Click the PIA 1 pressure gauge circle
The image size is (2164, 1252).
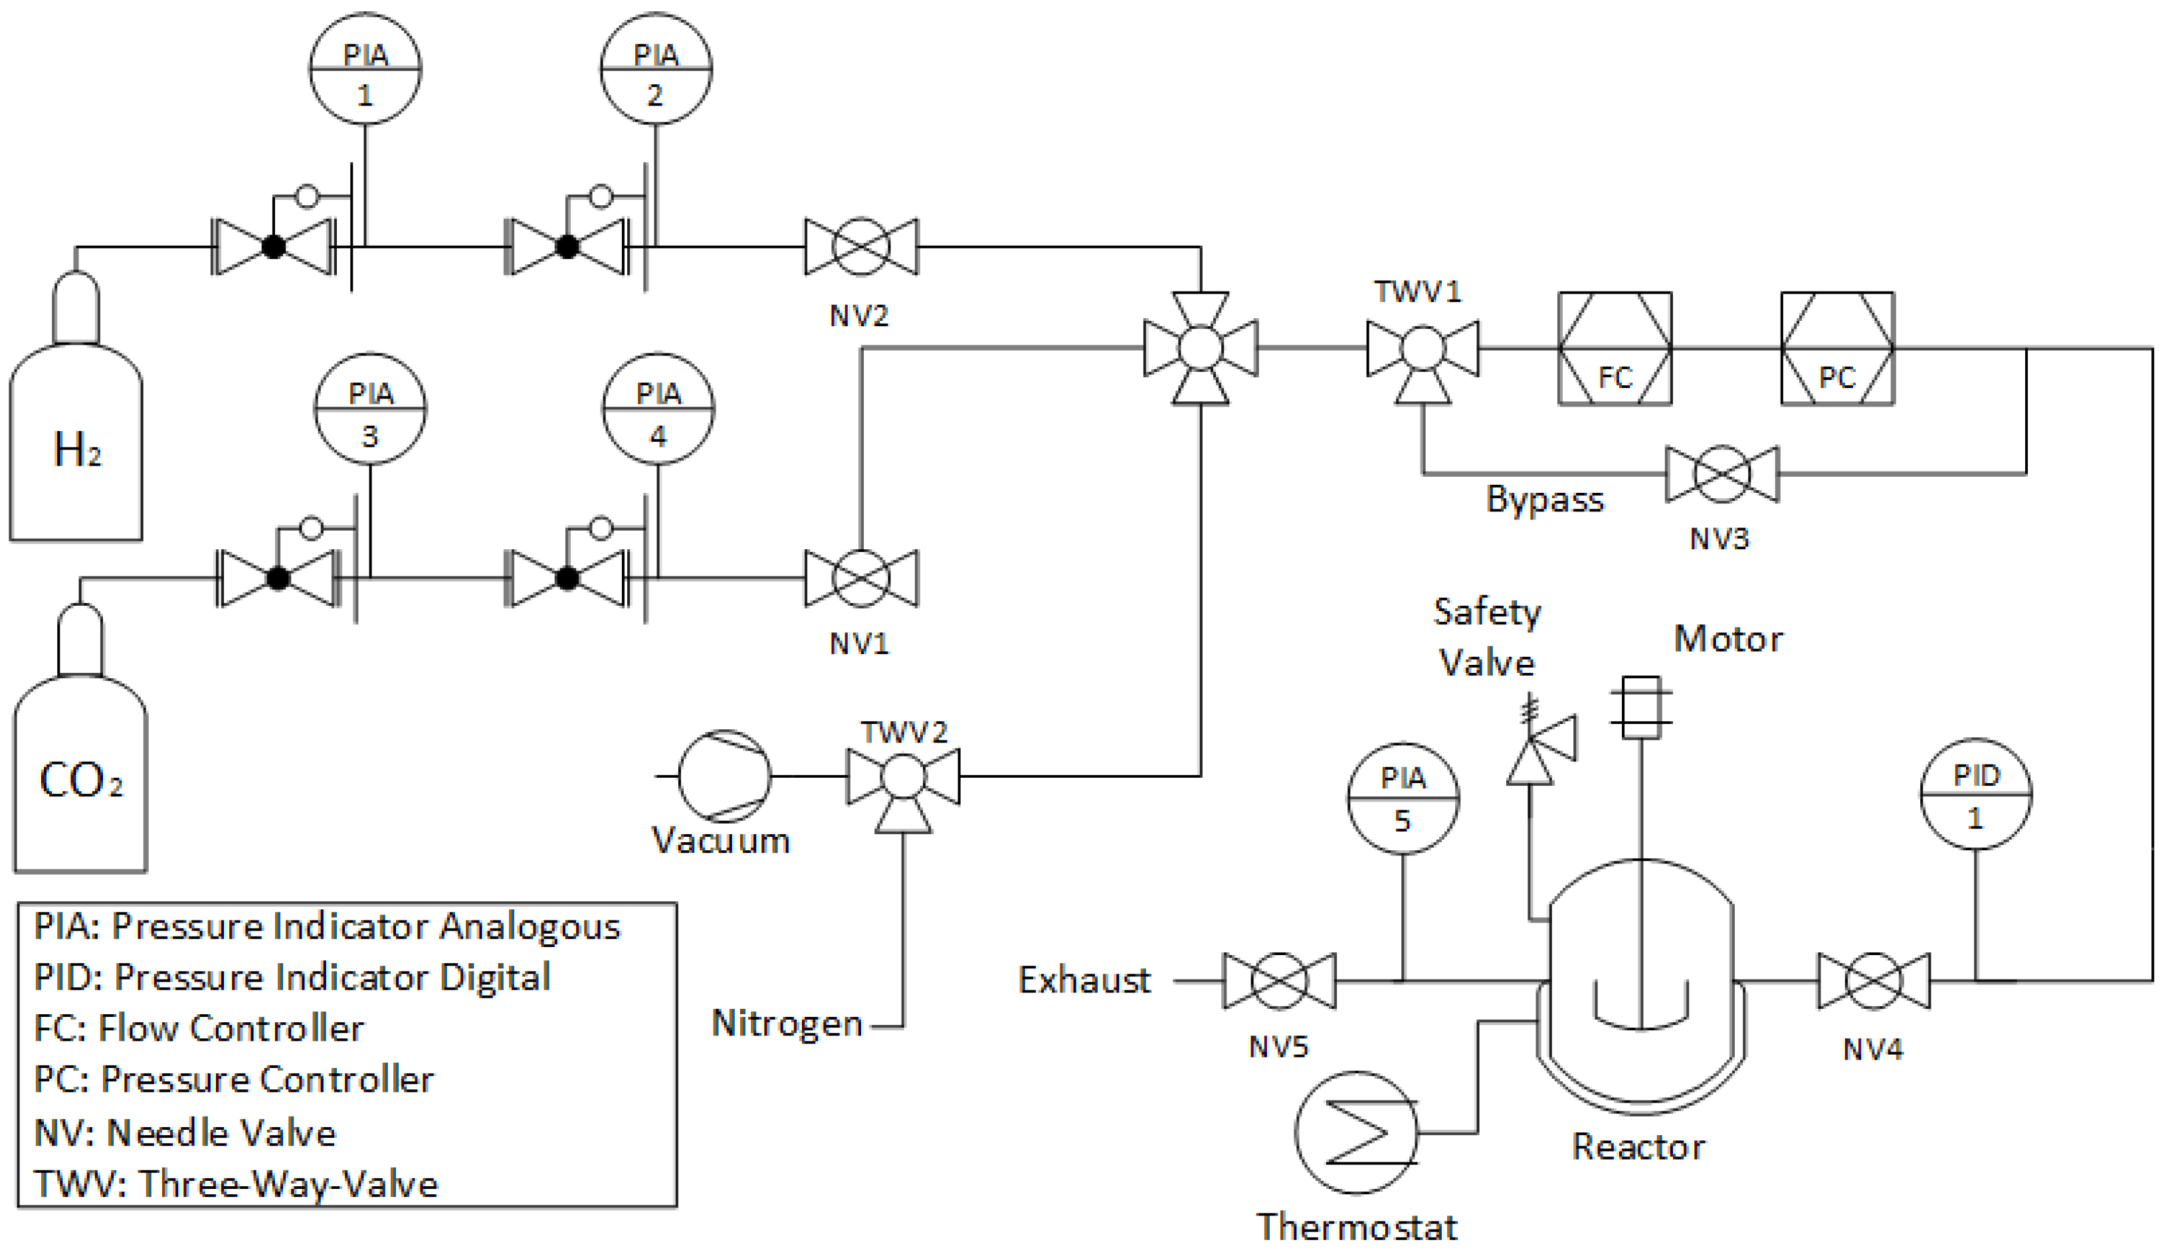(365, 68)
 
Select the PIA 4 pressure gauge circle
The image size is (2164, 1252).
(658, 408)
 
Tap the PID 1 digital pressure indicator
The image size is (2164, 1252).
(1976, 794)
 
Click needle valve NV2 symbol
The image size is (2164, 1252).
(860, 246)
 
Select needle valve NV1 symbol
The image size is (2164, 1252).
(860, 578)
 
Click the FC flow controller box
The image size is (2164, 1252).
(1615, 349)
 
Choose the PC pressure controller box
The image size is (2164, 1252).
(1837, 349)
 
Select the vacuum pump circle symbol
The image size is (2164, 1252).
(724, 776)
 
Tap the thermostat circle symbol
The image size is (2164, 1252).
(1357, 1132)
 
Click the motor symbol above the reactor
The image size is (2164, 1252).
(1641, 707)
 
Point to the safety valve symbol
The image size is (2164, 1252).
(1537, 747)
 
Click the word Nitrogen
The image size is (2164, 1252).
(787, 1024)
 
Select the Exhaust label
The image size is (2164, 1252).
(1084, 980)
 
